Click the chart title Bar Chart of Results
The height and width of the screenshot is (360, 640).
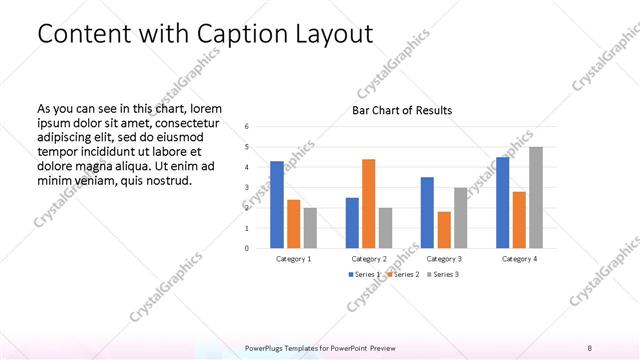click(401, 110)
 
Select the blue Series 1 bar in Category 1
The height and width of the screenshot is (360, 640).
click(277, 204)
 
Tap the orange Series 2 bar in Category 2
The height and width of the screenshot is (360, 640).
click(369, 203)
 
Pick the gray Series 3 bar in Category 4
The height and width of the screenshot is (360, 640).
click(536, 197)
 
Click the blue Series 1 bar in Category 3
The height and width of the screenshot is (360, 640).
click(427, 212)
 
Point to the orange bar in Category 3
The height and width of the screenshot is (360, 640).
click(444, 229)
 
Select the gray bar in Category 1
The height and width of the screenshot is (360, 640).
click(310, 227)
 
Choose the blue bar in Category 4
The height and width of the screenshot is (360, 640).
click(502, 202)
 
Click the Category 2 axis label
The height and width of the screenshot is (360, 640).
click(369, 259)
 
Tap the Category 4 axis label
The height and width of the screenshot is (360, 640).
click(519, 259)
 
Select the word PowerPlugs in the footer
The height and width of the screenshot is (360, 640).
click(266, 347)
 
